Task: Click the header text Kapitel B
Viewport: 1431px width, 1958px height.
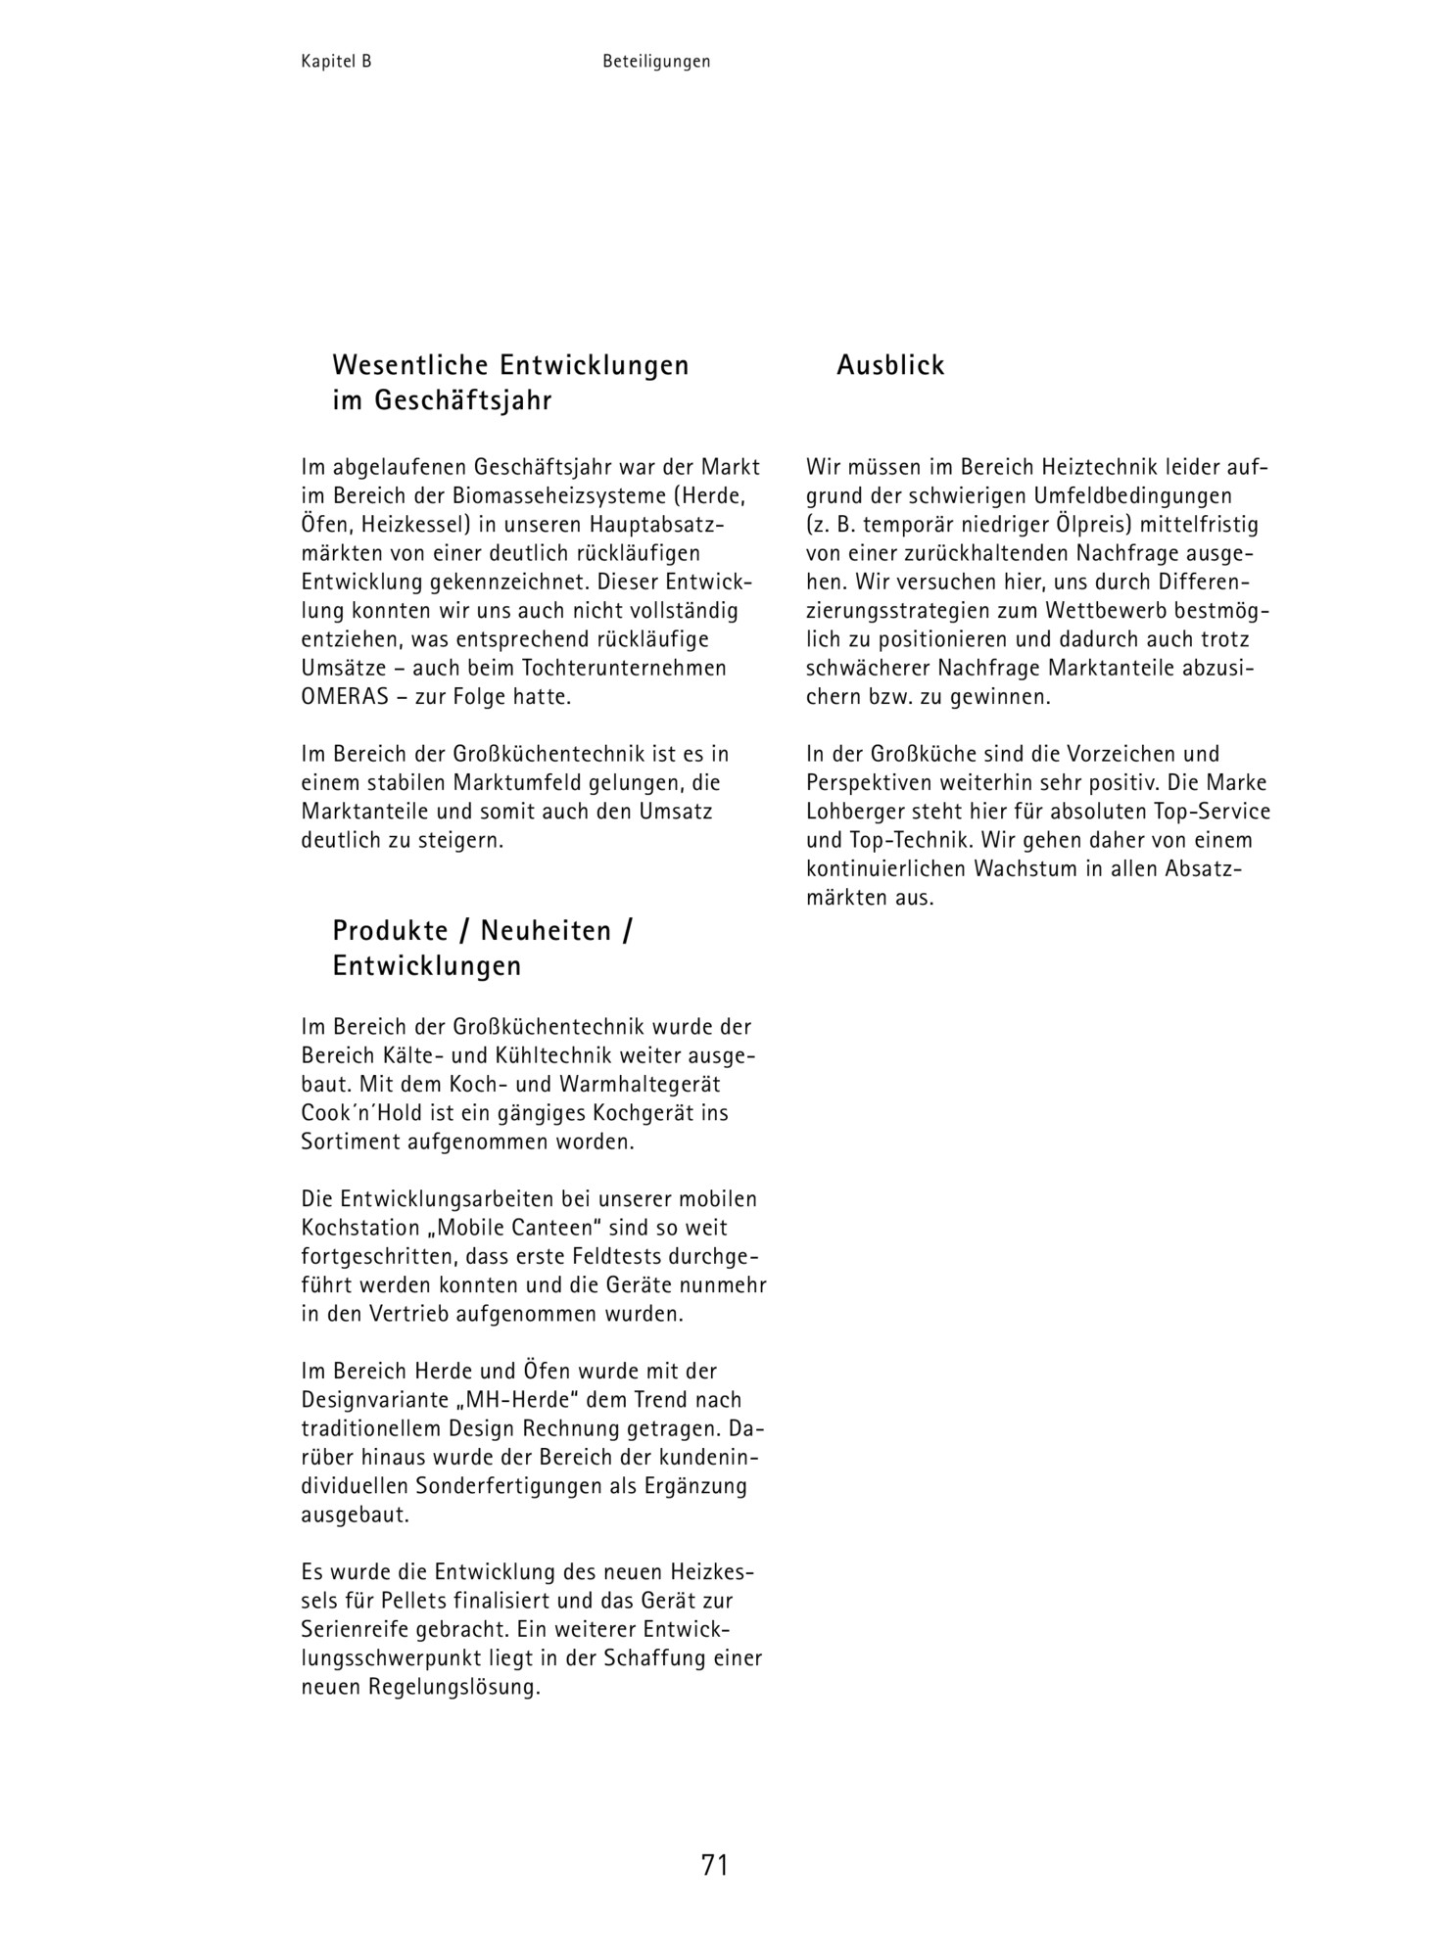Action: (336, 62)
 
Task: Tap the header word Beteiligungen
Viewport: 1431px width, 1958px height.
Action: (656, 62)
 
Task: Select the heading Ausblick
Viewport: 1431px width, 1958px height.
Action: (890, 365)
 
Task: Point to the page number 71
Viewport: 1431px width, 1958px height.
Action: (715, 1865)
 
